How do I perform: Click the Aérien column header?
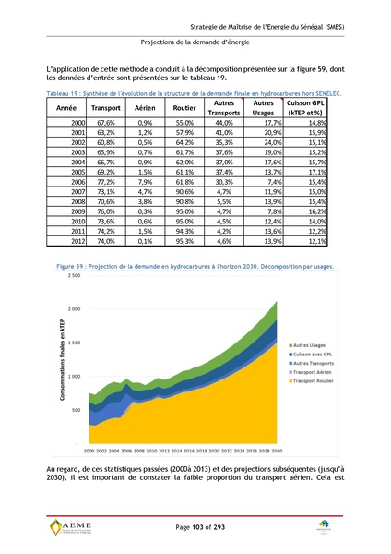pos(145,108)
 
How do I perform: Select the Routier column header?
pos(184,108)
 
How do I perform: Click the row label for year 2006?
pos(77,184)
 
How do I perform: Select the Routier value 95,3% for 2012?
pos(184,240)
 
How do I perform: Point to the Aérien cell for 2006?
pos(145,184)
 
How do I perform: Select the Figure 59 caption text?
pos(195,265)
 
